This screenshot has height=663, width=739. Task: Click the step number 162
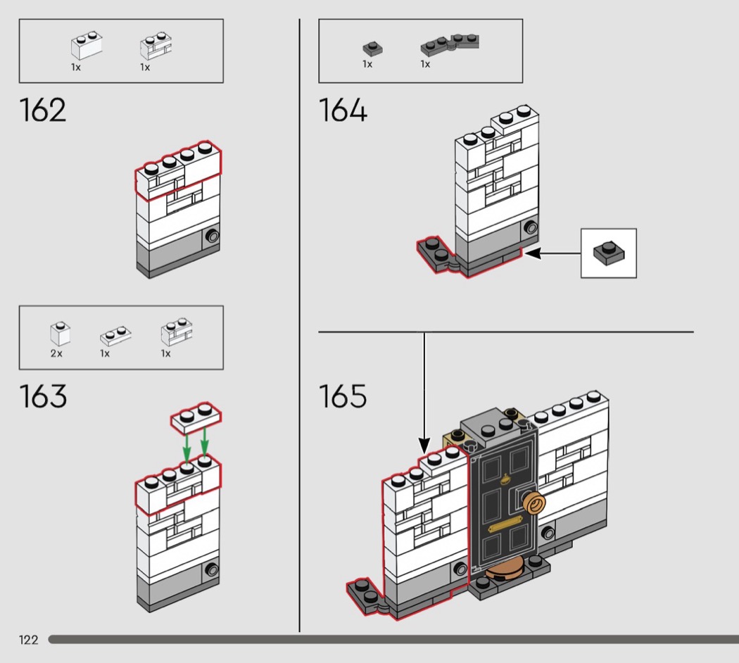tap(43, 110)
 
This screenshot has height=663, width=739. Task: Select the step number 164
tap(343, 110)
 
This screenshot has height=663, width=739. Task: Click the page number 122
tap(28, 640)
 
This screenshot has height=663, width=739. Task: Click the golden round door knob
tap(533, 504)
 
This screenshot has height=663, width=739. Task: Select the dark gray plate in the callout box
tap(609, 253)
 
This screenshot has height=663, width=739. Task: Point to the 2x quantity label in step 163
tap(56, 353)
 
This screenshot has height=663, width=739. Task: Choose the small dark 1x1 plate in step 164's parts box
tap(372, 49)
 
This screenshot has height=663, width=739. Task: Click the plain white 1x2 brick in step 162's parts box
tap(87, 45)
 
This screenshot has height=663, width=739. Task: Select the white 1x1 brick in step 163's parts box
tap(61, 334)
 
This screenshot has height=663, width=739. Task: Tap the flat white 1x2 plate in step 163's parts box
tap(116, 335)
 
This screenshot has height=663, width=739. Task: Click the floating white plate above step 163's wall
tap(196, 417)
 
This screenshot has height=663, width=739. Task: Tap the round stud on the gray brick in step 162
tap(212, 235)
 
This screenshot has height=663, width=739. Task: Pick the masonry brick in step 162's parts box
tap(156, 46)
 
